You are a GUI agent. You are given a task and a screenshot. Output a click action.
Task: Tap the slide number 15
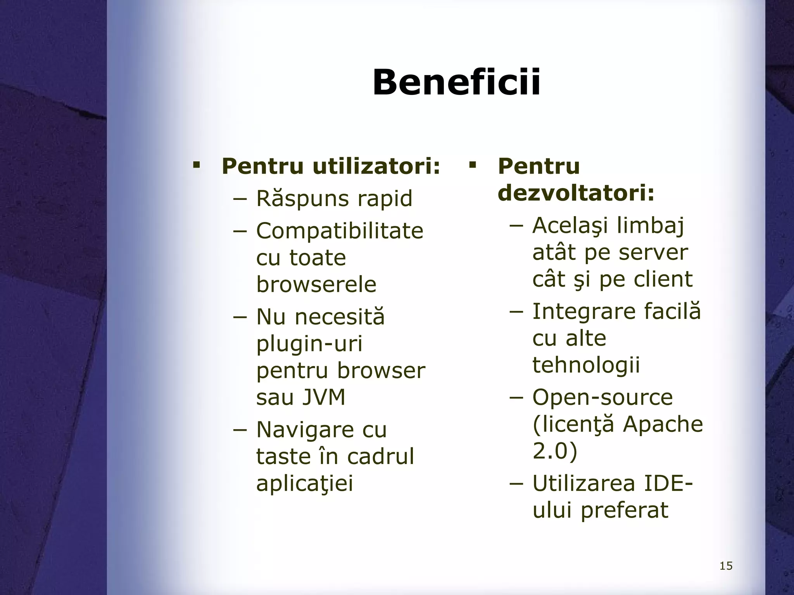pos(726,566)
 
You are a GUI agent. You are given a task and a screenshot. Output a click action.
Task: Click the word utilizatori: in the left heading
pos(376,167)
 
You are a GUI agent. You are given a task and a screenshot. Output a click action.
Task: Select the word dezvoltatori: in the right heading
pos(576,193)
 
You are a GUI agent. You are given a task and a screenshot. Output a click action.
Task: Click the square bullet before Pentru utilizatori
pos(196,166)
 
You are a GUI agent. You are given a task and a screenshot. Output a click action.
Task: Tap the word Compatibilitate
pos(340,231)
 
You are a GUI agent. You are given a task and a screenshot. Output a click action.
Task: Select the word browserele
pos(316,284)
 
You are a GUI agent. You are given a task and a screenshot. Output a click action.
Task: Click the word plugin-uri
pos(309,343)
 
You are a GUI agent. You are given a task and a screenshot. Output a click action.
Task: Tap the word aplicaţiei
pos(305,483)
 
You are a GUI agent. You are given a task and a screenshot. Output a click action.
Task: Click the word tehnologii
pos(586,365)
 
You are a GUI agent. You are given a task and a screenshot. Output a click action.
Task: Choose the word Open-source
pos(602,397)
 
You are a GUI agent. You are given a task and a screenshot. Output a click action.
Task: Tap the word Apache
pos(663,424)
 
